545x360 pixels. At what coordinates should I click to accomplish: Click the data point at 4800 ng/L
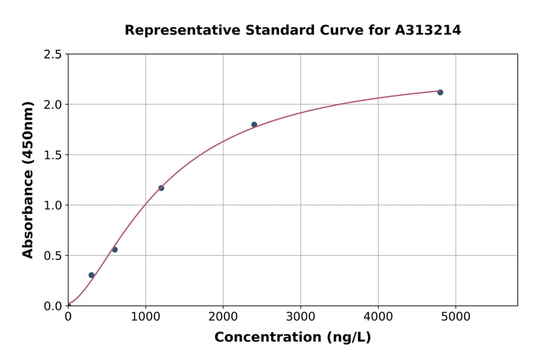pyautogui.click(x=440, y=92)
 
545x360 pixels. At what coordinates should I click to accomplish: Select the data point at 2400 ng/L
pyautogui.click(x=254, y=125)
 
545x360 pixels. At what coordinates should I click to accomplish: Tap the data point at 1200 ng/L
pyautogui.click(x=161, y=188)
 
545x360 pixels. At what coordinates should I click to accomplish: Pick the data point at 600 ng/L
pyautogui.click(x=114, y=250)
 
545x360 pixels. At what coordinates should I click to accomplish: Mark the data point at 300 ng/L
pyautogui.click(x=91, y=275)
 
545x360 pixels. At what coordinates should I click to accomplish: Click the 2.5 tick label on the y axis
pyautogui.click(x=53, y=55)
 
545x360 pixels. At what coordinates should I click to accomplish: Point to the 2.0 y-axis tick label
pyautogui.click(x=53, y=105)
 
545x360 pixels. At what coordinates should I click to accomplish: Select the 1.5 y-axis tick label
pyautogui.click(x=53, y=155)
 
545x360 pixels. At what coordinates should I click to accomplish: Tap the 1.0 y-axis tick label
pyautogui.click(x=53, y=205)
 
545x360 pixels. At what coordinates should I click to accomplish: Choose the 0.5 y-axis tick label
pyautogui.click(x=53, y=256)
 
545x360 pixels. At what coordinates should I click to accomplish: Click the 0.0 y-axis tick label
pyautogui.click(x=53, y=306)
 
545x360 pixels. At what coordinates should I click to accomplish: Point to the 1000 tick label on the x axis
pyautogui.click(x=145, y=317)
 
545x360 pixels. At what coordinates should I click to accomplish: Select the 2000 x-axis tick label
pyautogui.click(x=223, y=317)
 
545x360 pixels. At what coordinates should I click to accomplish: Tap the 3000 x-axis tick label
pyautogui.click(x=300, y=317)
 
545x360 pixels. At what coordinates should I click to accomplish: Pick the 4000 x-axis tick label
pyautogui.click(x=378, y=317)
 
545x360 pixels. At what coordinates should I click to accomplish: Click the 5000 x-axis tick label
pyautogui.click(x=456, y=317)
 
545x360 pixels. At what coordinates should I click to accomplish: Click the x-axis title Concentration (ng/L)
pyautogui.click(x=292, y=338)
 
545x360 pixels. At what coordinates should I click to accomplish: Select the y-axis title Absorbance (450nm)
pyautogui.click(x=28, y=180)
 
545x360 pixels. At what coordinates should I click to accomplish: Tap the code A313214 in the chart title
pyautogui.click(x=428, y=30)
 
